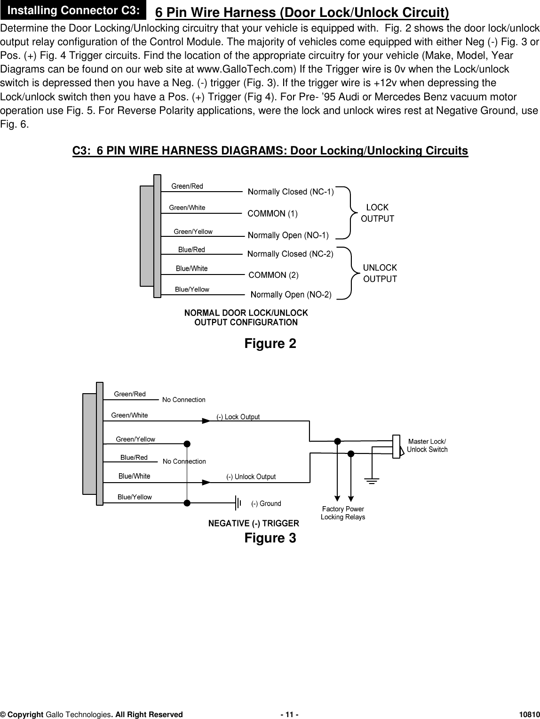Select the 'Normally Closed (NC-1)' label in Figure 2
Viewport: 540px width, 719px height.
click(291, 192)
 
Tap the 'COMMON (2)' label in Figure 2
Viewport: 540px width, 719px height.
click(273, 275)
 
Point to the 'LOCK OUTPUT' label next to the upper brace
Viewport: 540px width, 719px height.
click(377, 213)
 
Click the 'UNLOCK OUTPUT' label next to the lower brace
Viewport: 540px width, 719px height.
click(380, 273)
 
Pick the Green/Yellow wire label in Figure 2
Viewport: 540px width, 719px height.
click(193, 232)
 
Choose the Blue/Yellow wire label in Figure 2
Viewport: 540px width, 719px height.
click(192, 290)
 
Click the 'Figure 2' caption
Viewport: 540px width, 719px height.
click(270, 344)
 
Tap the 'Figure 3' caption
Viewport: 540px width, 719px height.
click(270, 538)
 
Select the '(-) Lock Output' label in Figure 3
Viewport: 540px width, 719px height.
click(238, 417)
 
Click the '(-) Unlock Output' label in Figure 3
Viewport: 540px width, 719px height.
click(251, 477)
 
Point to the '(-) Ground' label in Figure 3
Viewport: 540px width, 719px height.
click(266, 504)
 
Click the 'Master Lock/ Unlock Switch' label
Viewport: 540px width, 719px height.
click(427, 445)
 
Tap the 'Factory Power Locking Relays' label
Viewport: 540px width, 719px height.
click(343, 513)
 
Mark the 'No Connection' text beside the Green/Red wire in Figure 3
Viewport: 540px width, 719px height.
click(183, 400)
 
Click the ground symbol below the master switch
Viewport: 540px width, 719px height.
click(372, 480)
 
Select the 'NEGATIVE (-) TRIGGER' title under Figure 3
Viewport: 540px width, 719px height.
click(254, 524)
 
